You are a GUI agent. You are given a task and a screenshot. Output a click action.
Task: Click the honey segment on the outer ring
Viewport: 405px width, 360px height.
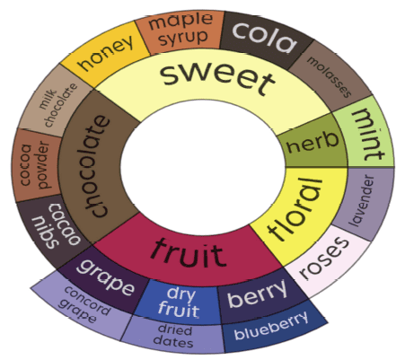[x=105, y=54]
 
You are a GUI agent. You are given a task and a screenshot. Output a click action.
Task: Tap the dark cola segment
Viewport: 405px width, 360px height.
[x=265, y=38]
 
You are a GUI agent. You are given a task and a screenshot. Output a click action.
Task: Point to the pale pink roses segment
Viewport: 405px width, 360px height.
[x=325, y=259]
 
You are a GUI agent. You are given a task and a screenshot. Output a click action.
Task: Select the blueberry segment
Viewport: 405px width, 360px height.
[x=271, y=328]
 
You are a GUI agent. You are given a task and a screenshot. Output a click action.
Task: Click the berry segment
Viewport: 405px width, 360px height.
[x=258, y=294]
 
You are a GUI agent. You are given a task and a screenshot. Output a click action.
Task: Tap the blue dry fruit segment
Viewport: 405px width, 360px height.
[x=179, y=302]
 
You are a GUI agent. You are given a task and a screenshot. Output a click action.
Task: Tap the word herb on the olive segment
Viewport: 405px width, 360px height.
[x=313, y=143]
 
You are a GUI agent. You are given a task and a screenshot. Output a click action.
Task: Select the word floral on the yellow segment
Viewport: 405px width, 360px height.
[x=295, y=209]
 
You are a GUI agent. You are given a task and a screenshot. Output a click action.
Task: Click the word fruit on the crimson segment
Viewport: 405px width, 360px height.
[x=187, y=253]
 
